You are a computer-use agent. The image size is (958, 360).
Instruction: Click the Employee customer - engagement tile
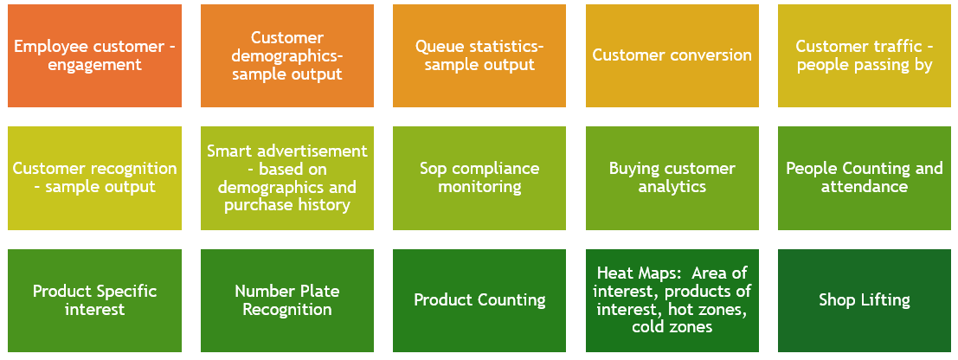pos(94,55)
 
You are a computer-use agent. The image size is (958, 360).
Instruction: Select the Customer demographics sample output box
pos(287,55)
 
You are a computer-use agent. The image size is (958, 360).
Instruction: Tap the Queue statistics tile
pos(479,55)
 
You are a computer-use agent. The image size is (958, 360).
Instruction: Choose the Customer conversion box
pos(672,55)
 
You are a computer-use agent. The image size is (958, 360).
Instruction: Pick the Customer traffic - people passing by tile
pos(865,55)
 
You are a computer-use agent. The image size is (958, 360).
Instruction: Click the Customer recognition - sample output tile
pos(94,178)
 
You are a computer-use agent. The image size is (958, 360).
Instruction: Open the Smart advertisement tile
pos(287,178)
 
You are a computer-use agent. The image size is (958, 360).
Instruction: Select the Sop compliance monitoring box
pos(479,178)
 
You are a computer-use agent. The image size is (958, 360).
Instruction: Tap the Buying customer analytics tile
pos(672,178)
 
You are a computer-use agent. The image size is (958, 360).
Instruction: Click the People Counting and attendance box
pos(865,178)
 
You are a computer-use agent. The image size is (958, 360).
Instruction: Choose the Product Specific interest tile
pos(94,300)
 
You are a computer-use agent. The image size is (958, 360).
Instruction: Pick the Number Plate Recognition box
pos(287,300)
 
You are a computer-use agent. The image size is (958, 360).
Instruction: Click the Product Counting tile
pos(479,300)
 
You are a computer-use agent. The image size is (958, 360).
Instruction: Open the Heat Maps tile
pos(672,300)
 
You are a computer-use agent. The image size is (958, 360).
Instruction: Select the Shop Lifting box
pos(865,300)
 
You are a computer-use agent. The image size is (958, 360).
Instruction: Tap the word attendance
pos(865,186)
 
